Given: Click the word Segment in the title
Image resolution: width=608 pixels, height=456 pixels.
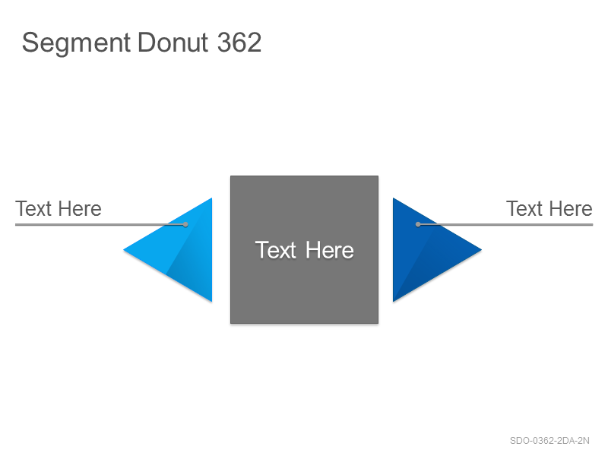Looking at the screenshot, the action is [76, 43].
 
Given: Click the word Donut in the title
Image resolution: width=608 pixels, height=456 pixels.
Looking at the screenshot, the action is [173, 43].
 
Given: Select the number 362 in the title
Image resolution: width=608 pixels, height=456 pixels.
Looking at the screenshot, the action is [239, 43].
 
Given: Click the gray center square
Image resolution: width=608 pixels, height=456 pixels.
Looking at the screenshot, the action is [305, 249].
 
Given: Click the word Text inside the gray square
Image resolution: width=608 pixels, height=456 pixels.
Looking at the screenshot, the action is [276, 250].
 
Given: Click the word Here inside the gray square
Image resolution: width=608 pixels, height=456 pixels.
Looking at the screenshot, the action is [330, 250].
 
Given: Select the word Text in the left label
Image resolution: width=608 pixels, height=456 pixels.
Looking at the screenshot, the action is [33, 208].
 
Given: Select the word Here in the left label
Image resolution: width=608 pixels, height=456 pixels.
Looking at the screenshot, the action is [81, 208].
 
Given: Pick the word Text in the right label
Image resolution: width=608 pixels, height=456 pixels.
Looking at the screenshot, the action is [524, 208].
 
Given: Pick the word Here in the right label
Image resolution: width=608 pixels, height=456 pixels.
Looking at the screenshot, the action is [572, 208].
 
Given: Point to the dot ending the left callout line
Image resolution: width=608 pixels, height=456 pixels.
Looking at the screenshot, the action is [185, 224].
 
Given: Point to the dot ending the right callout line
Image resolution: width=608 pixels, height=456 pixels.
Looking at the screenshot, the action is [418, 224].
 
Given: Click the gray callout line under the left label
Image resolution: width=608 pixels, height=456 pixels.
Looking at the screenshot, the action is [100, 224].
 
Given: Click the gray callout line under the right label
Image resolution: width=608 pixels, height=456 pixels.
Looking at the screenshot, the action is [505, 224].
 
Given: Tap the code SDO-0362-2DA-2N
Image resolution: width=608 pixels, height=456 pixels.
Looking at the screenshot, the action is [549, 441].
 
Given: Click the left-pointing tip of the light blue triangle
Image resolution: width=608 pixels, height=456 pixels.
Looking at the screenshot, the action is [124, 250].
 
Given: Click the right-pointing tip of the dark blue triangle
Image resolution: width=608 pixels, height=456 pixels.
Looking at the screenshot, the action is [482, 250].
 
